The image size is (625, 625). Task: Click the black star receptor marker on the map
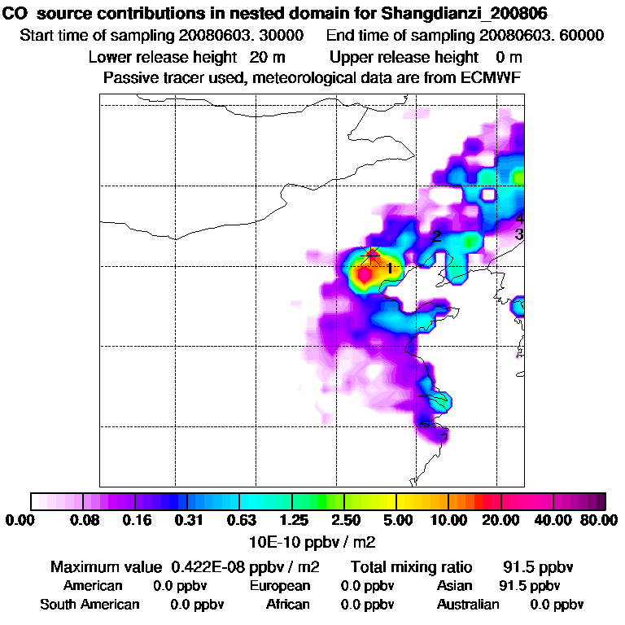click(x=372, y=256)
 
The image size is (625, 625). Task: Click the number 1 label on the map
click(x=390, y=269)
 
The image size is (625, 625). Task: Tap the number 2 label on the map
click(x=437, y=237)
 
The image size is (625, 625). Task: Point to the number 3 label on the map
click(x=519, y=234)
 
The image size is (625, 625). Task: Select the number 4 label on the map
click(x=519, y=218)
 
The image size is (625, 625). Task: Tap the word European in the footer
click(x=280, y=586)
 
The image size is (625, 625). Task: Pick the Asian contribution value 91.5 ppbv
click(x=529, y=586)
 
